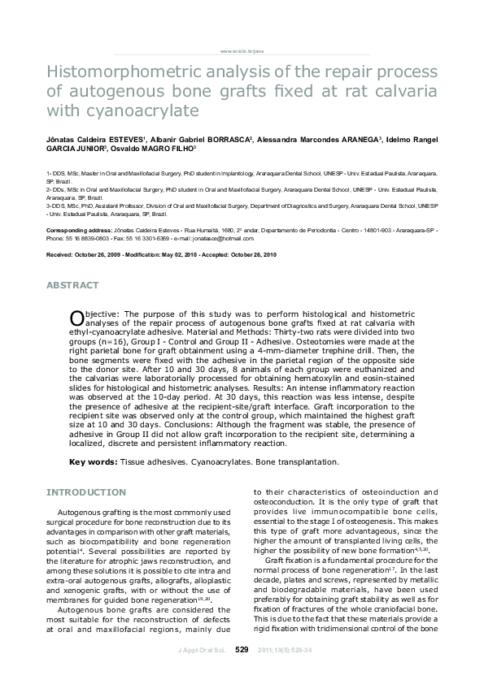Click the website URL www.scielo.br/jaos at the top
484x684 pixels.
point(242,50)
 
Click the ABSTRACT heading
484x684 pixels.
point(72,285)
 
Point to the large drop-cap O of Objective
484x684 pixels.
point(76,317)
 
